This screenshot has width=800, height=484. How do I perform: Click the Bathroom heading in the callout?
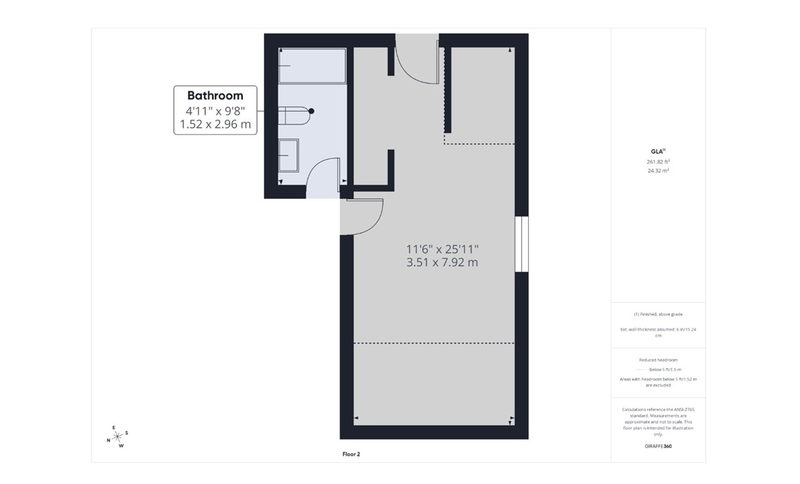point(215,96)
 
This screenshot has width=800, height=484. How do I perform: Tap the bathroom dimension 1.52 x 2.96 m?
point(215,125)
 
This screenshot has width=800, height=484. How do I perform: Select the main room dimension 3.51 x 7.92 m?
point(442,263)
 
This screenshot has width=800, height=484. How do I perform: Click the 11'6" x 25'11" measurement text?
point(442,249)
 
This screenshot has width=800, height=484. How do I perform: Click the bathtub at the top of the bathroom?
point(312,65)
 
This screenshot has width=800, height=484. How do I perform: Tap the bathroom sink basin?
point(289,155)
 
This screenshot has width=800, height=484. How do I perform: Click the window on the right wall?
point(521,243)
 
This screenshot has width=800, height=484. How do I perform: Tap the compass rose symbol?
point(117,436)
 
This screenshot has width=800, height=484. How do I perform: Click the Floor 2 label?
point(351,454)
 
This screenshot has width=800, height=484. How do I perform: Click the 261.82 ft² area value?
point(657,162)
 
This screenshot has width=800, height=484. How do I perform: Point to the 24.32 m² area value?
point(657,170)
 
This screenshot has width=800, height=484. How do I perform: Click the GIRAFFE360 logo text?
point(657,446)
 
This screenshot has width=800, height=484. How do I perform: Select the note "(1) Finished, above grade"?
point(657,314)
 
